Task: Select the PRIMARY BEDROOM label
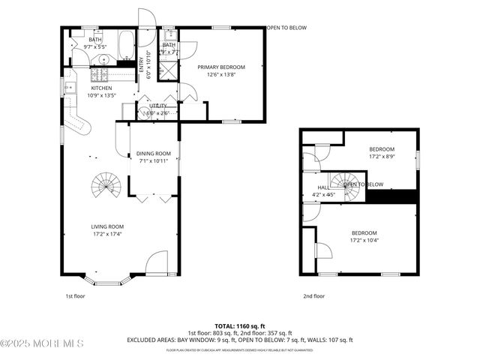pyautogui.click(x=221, y=67)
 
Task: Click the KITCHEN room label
pyautogui.click(x=101, y=88)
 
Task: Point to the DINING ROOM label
pyautogui.click(x=154, y=154)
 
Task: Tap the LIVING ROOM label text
pyautogui.click(x=106, y=226)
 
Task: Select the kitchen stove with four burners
pyautogui.click(x=100, y=74)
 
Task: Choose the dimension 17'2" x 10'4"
pyautogui.click(x=364, y=241)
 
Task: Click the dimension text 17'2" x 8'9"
pyautogui.click(x=382, y=157)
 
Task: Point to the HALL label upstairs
pyautogui.click(x=322, y=187)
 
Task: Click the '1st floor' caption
pyautogui.click(x=74, y=296)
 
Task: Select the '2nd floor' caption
pyautogui.click(x=314, y=296)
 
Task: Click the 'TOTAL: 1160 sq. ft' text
pyautogui.click(x=239, y=325)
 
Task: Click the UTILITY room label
pyautogui.click(x=157, y=106)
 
